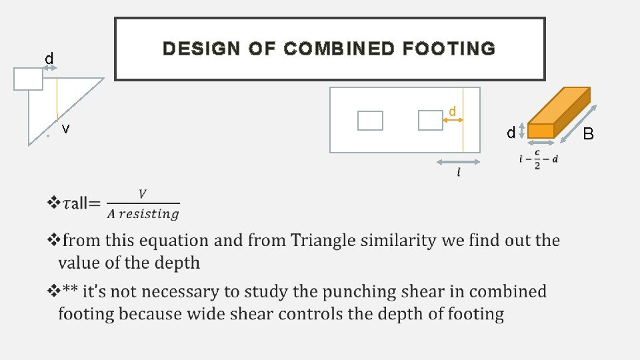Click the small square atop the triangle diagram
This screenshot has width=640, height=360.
29,79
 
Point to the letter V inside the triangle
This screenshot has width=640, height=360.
65,129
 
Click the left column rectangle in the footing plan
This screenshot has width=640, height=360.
370,121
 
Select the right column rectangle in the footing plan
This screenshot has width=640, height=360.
430,120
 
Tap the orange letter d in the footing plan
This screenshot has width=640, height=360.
452,111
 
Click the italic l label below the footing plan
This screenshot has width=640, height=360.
458,173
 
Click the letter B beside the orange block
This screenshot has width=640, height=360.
588,134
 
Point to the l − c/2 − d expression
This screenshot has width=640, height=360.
539,159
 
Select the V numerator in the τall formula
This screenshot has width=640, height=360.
143,194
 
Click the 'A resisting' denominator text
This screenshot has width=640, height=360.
143,214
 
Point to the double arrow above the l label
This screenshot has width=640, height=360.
458,162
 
